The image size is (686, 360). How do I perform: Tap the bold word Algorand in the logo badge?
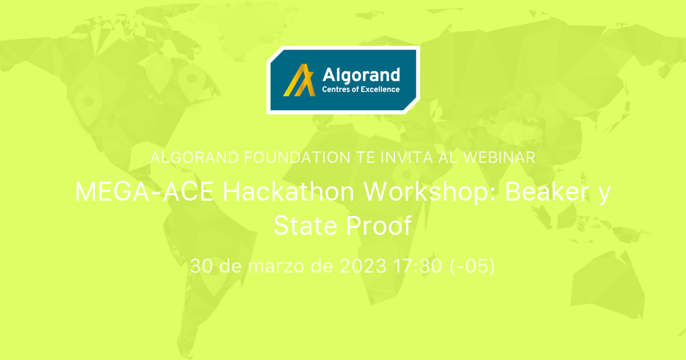click(361, 74)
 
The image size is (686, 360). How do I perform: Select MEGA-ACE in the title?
click(145, 193)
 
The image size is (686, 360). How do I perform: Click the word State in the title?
click(306, 226)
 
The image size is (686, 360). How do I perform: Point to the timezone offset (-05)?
click(471, 266)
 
